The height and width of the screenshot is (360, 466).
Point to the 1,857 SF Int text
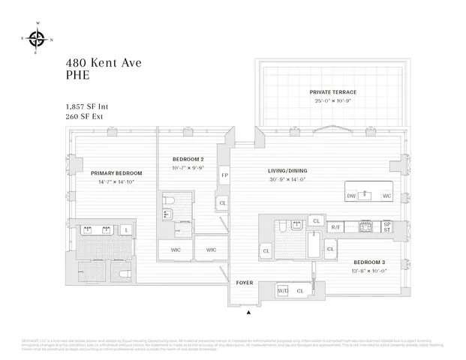tap(87, 106)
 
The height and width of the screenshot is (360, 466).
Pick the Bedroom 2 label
tap(188, 159)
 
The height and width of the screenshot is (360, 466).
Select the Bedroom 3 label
tap(369, 262)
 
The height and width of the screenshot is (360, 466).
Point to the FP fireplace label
tap(224, 175)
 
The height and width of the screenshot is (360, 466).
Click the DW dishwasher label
tap(351, 196)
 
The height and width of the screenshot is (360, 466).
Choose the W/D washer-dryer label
tap(283, 289)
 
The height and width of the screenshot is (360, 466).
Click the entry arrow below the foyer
tap(249, 311)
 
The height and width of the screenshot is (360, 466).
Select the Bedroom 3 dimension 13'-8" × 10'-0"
tap(369, 271)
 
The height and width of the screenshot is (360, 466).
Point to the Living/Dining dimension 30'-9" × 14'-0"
tap(288, 180)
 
